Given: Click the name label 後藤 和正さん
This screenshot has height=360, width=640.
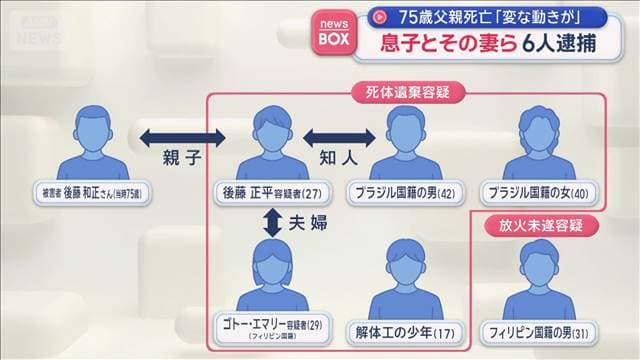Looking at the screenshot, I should [x=97, y=189].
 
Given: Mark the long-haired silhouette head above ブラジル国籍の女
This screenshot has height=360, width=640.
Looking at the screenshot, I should [x=541, y=125].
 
